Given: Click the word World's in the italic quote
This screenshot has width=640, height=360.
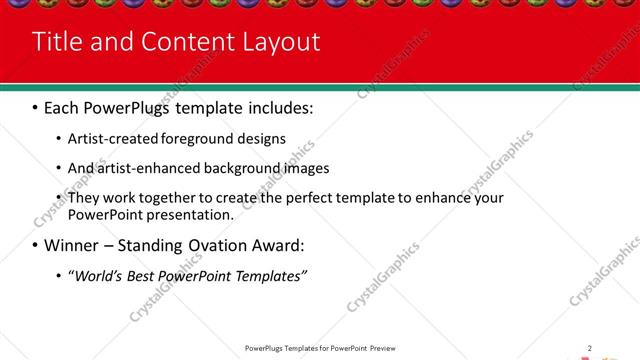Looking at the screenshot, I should [94, 276].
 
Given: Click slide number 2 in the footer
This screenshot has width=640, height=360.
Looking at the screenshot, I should [590, 348].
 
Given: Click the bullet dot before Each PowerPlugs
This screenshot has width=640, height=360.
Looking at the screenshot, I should [35, 106].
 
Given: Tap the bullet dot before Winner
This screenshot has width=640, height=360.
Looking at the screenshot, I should [35, 246].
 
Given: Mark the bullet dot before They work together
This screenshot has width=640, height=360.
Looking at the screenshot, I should [58, 198].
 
